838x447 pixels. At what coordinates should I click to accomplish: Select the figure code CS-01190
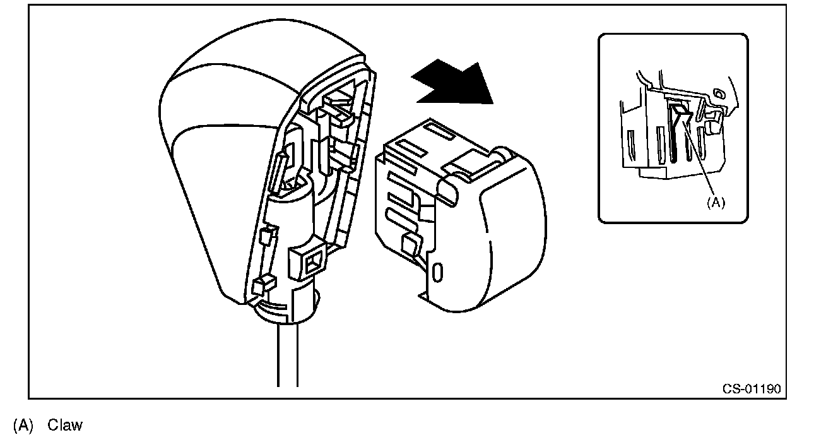[751, 388]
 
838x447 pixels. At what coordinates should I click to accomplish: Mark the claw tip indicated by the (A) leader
[681, 113]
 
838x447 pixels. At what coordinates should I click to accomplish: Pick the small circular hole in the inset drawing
[718, 95]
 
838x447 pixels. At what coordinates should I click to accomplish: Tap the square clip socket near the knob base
[311, 261]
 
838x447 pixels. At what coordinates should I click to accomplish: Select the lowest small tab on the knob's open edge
[259, 287]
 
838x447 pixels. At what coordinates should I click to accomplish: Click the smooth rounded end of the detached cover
[511, 240]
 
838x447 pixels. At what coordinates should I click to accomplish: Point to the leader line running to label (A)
[698, 158]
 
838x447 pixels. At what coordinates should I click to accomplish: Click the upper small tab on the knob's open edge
[266, 236]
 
